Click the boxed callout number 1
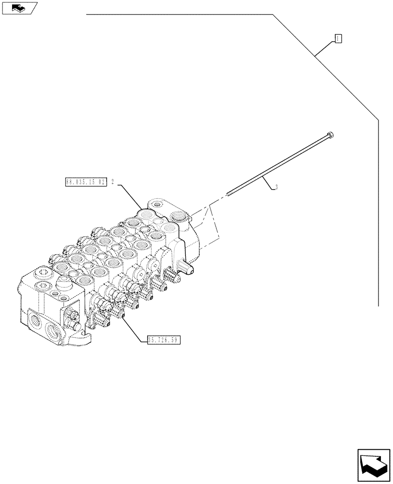338,39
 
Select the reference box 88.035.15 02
85,182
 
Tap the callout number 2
112,182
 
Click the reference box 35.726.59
162,340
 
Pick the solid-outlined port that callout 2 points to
146,213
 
